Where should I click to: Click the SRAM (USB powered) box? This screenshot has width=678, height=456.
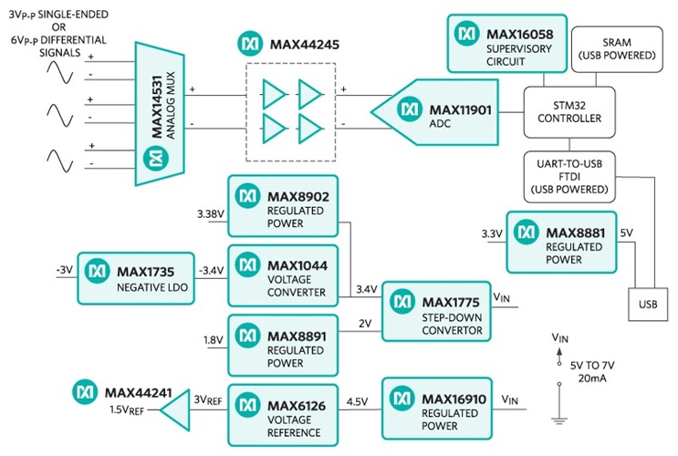coord(615,48)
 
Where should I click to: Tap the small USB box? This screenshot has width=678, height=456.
coord(648,302)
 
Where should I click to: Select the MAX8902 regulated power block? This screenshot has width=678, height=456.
coord(282,204)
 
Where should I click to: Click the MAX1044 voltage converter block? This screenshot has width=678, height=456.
coord(282,272)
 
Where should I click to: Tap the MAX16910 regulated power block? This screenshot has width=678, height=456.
coord(435,404)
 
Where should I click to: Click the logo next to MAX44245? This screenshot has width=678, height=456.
coord(249,43)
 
